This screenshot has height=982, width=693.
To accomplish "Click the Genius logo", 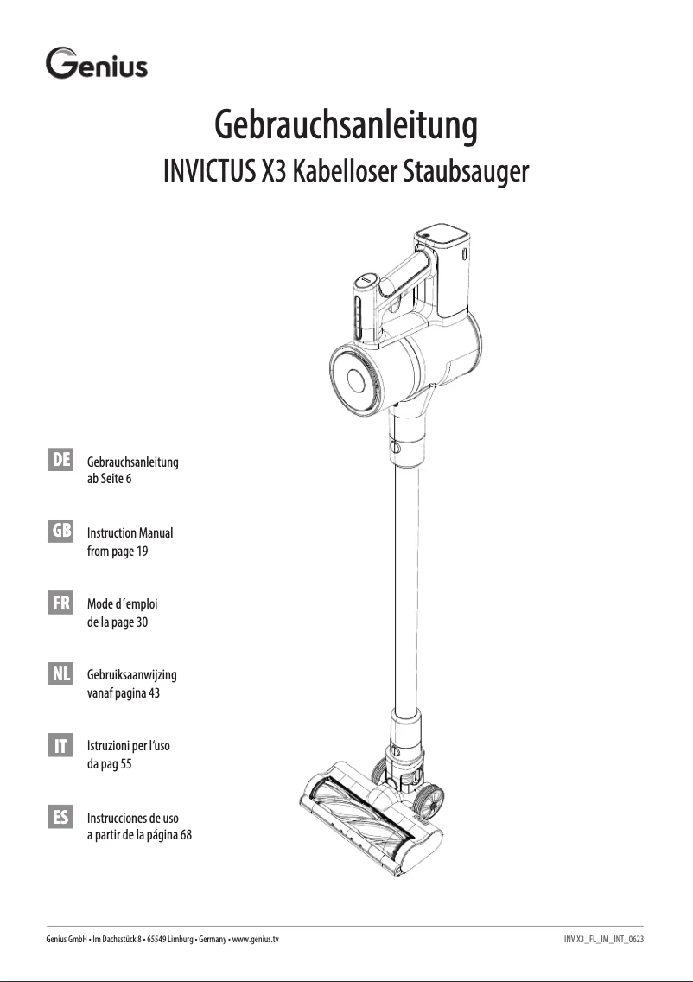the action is (97, 63).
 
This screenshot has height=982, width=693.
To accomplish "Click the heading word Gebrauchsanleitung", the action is (346, 125).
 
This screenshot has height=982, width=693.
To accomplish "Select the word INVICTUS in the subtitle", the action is (209, 171).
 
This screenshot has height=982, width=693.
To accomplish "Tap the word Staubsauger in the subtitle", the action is (465, 172).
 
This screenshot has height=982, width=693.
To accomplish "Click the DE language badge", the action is (60, 460).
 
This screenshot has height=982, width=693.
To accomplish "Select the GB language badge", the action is (60, 531).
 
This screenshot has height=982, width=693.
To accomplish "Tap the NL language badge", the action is (60, 673).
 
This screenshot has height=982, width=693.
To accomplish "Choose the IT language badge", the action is (60, 745).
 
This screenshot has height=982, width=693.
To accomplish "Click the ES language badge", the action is (60, 817).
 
